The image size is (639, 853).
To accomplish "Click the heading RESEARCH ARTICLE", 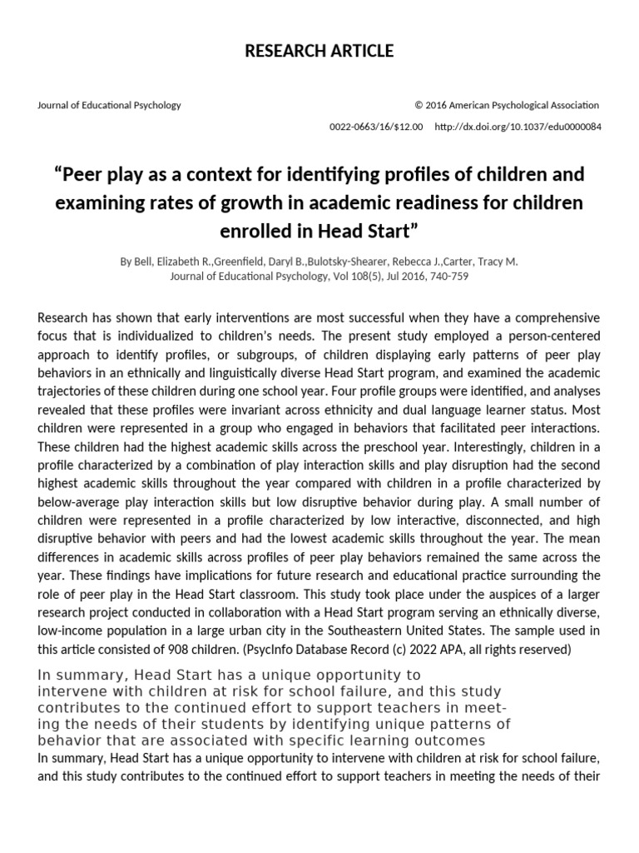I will click(x=319, y=52).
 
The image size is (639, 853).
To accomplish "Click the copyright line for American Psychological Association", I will click(x=507, y=105).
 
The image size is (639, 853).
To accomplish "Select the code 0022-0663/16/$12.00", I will click(x=377, y=127).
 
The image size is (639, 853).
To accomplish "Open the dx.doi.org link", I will click(x=518, y=127).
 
